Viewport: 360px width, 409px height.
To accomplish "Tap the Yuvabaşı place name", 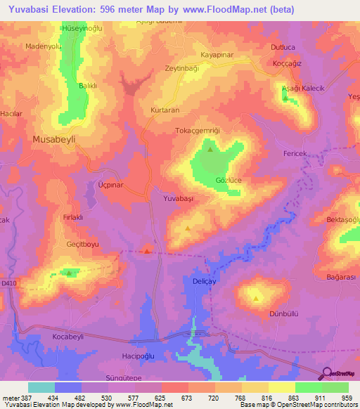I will point(178,200).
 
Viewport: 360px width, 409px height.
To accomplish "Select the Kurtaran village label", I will point(167,111).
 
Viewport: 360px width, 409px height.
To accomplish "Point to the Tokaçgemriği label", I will point(198,131).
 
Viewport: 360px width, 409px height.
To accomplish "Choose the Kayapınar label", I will point(217,54).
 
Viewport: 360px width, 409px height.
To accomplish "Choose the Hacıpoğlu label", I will point(138,357).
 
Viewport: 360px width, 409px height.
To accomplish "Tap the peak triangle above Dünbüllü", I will point(257,298).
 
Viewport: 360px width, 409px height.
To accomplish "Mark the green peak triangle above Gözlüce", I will point(210,149).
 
